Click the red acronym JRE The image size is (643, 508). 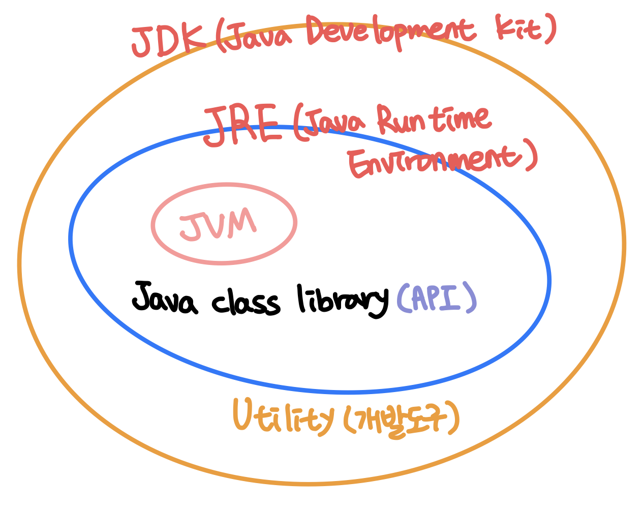242,126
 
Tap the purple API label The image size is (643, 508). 437,298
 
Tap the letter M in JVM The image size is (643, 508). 242,222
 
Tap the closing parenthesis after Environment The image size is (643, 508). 531,158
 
